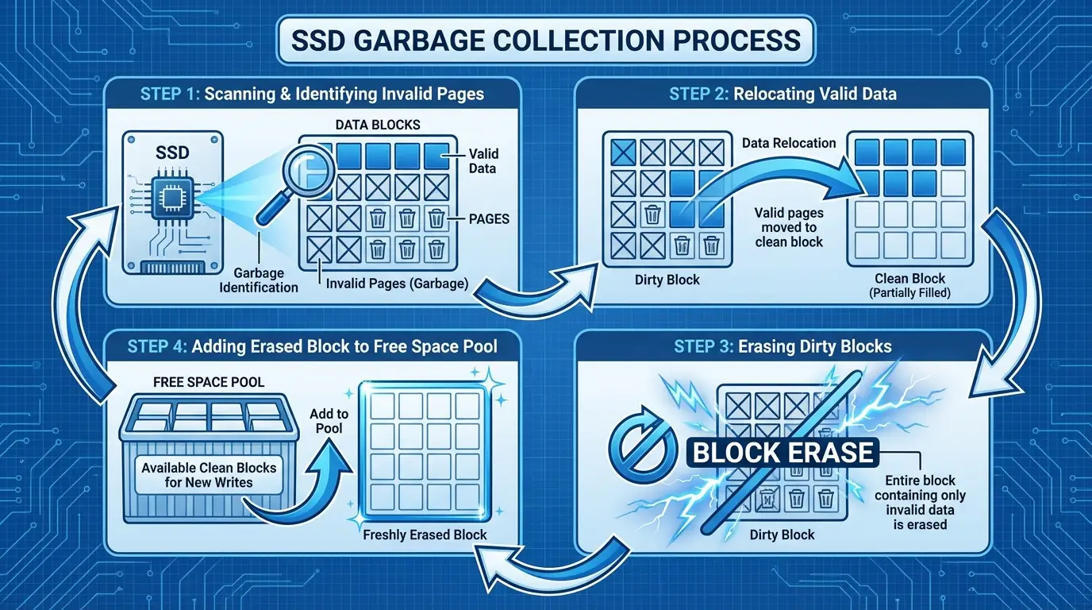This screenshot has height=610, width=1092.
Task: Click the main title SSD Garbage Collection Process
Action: pyautogui.click(x=545, y=40)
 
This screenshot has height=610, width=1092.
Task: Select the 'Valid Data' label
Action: pyautogui.click(x=483, y=160)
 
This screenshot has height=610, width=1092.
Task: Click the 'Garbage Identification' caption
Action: pyautogui.click(x=259, y=280)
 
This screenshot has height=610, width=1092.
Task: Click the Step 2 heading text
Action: pyautogui.click(x=782, y=94)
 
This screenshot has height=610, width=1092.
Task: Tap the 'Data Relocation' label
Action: pyautogui.click(x=789, y=143)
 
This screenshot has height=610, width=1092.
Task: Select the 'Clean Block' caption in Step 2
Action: pyautogui.click(x=909, y=279)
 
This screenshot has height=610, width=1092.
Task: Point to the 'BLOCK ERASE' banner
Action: pyautogui.click(x=783, y=453)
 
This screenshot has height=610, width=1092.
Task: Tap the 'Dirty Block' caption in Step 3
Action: pyautogui.click(x=782, y=535)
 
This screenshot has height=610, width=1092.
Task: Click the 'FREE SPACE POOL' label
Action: pyautogui.click(x=208, y=382)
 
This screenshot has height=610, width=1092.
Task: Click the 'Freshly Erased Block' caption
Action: pyautogui.click(x=424, y=535)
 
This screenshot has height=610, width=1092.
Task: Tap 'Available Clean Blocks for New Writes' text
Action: pyautogui.click(x=209, y=474)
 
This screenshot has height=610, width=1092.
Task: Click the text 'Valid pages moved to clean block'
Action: pyautogui.click(x=790, y=227)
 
